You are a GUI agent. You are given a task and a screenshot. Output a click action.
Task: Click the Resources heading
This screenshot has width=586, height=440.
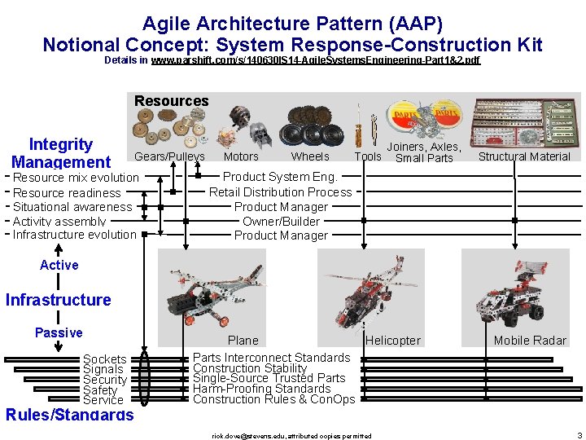(x=171, y=101)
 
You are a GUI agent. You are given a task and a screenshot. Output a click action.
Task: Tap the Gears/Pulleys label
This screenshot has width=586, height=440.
(x=169, y=156)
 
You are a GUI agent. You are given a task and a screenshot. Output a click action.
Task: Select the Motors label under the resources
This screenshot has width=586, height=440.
(x=241, y=156)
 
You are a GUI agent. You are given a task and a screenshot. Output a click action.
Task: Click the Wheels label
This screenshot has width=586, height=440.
(x=310, y=156)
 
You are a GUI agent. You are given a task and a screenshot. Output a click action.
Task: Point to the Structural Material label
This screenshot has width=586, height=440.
(x=524, y=156)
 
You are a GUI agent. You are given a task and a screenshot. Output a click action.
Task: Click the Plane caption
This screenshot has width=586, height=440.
(x=243, y=341)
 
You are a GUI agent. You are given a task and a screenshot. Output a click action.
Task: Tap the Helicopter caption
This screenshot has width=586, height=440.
(x=393, y=341)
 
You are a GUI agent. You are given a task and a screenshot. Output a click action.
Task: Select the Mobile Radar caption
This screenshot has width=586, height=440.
(x=530, y=341)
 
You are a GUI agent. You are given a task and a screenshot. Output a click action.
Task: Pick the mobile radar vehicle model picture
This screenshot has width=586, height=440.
(x=514, y=289)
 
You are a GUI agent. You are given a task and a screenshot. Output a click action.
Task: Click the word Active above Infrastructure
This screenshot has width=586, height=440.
(x=59, y=266)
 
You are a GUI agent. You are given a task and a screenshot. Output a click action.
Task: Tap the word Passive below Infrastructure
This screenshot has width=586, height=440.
(x=59, y=332)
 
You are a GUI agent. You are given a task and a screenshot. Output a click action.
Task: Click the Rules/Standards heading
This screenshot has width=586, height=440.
(x=69, y=415)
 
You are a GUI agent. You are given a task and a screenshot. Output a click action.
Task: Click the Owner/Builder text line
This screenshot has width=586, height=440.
(x=281, y=222)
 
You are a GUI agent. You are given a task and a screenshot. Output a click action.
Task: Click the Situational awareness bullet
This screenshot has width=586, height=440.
(x=72, y=207)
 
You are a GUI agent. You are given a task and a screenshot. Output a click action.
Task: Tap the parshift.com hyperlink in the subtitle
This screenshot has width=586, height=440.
(x=316, y=60)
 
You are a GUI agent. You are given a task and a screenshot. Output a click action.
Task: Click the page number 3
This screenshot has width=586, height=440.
(x=579, y=435)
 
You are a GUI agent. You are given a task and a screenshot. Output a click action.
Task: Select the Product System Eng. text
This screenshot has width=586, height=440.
(x=280, y=177)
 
